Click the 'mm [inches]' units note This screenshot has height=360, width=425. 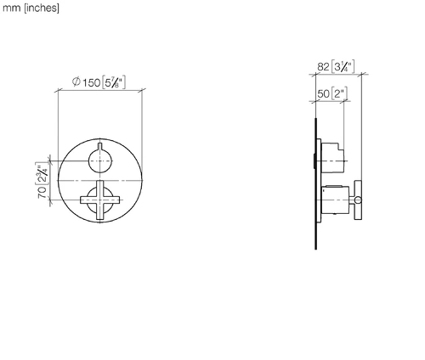click(31, 8)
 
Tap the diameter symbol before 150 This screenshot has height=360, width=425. click(76, 82)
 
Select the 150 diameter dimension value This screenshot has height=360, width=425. click(92, 82)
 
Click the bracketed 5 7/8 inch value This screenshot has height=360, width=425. click(113, 82)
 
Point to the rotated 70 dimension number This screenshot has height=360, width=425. click(42, 192)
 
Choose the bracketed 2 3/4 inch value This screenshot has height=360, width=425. click(42, 173)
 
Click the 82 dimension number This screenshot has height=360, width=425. click(323, 67)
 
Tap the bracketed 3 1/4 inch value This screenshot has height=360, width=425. click(343, 67)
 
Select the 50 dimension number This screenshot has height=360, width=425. click(323, 93)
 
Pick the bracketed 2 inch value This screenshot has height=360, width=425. click(339, 93)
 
